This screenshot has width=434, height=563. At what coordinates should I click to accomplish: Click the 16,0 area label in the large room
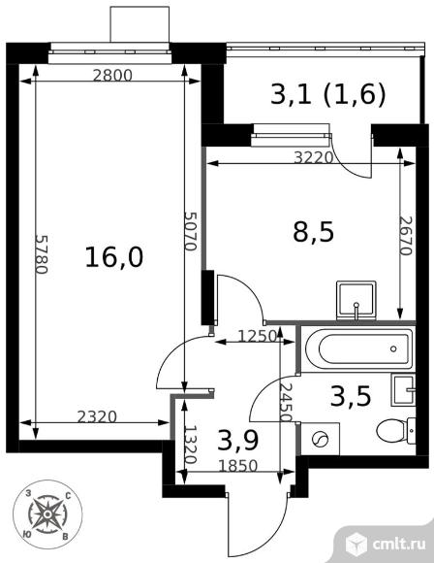[x=114, y=257]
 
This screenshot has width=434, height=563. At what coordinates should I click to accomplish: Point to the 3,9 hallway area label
[x=235, y=442]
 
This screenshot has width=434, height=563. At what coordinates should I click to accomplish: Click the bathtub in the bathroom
[x=357, y=347]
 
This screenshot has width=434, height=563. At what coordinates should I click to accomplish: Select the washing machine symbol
[x=317, y=439]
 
